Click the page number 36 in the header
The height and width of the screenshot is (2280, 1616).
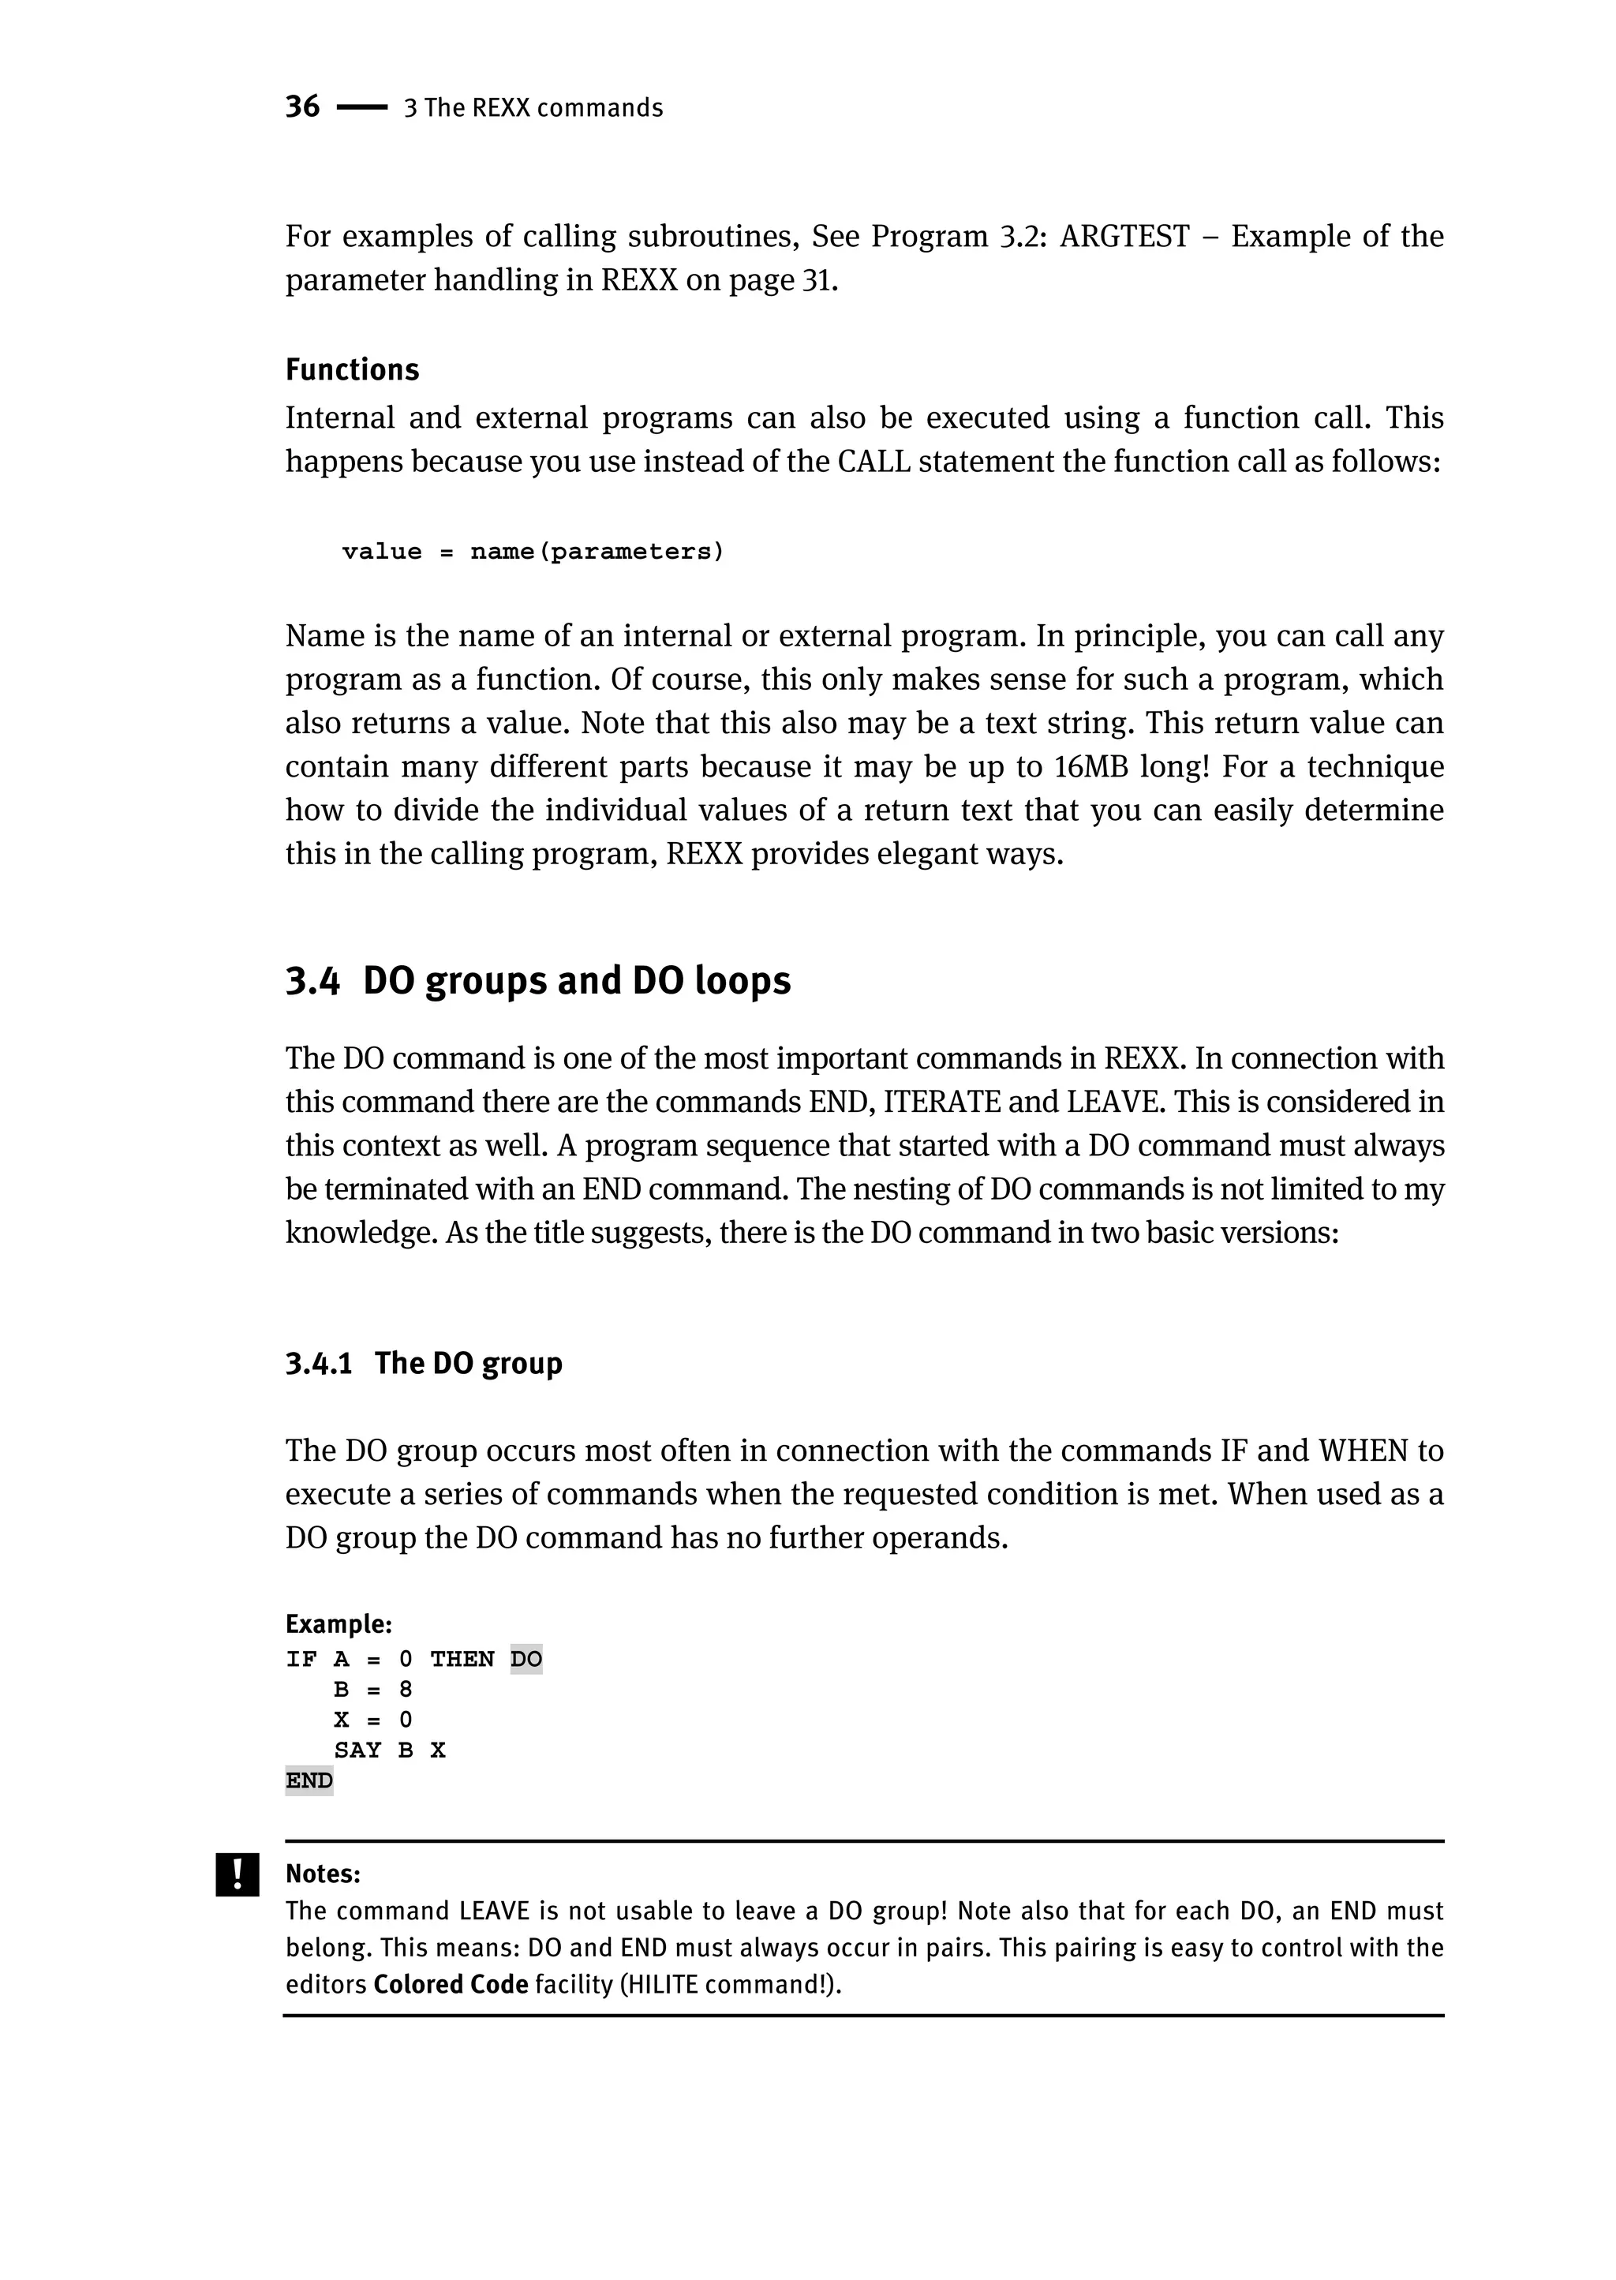302,107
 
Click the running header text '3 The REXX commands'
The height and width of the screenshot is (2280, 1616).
533,107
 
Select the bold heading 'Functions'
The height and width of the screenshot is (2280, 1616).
352,369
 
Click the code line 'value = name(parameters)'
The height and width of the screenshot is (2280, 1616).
533,552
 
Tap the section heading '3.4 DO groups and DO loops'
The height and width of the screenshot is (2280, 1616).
537,980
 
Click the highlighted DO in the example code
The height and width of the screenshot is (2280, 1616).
526,1659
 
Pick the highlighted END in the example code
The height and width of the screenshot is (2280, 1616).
309,1780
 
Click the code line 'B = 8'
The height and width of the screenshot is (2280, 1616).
372,1689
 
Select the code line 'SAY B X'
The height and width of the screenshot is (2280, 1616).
389,1750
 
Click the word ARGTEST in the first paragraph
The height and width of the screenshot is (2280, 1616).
1124,236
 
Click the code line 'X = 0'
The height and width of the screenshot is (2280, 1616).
372,1720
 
